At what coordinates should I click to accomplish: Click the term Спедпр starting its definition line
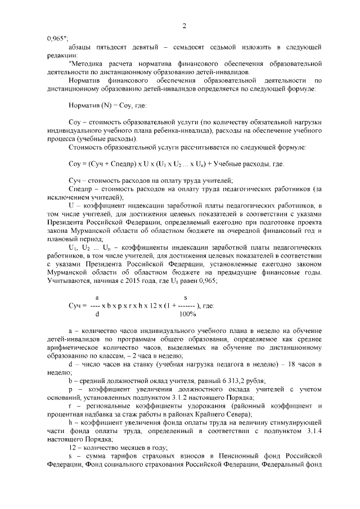click(x=78, y=188)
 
